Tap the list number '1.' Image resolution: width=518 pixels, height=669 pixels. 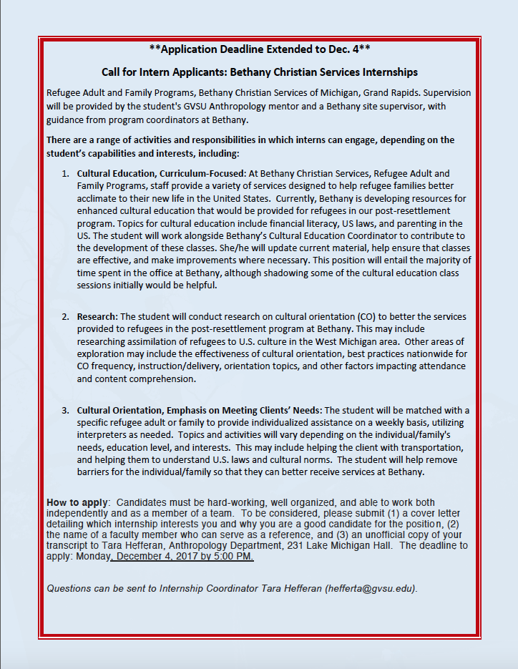[65, 173]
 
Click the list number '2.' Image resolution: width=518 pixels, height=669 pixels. [65, 316]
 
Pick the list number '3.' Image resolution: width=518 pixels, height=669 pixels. [65, 410]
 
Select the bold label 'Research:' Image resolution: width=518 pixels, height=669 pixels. [97, 316]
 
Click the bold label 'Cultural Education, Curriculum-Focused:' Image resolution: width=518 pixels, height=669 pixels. [162, 173]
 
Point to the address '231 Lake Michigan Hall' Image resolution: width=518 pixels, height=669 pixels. [337, 545]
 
